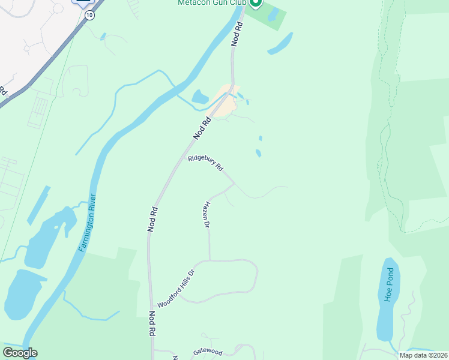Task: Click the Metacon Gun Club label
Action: (x=211, y=3)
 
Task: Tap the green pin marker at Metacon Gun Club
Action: (x=255, y=3)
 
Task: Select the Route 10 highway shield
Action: (x=89, y=15)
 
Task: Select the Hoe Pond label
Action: (x=388, y=286)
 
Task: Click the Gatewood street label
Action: (x=208, y=352)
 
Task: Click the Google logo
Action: (x=20, y=353)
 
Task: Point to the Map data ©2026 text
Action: (x=423, y=355)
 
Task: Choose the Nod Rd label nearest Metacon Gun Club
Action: (x=238, y=34)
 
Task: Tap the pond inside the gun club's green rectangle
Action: (x=274, y=15)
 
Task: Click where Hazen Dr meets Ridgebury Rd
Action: (x=234, y=185)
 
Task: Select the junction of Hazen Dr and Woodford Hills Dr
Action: (x=209, y=260)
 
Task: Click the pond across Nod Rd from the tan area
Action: (x=199, y=97)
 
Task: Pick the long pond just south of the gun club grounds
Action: (x=280, y=44)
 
